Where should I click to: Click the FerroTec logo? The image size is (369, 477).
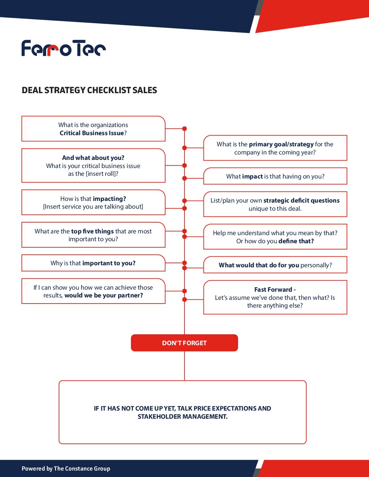coord(63,48)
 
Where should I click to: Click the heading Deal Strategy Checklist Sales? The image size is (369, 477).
coord(89,90)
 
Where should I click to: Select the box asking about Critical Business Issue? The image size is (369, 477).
coord(93,129)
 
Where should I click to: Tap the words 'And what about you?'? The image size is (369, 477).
coord(93,158)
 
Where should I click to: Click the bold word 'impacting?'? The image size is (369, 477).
coord(110,199)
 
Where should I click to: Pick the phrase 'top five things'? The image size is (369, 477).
coord(92,231)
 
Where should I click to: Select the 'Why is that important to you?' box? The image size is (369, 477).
coord(93,263)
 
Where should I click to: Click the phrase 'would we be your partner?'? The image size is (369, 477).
coord(104,295)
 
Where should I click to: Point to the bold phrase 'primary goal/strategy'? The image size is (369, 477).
coord(281,144)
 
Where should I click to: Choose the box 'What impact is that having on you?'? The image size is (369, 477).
coord(275,176)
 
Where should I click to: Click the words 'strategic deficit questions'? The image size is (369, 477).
coord(302,200)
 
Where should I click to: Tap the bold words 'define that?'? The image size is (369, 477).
coord(296,241)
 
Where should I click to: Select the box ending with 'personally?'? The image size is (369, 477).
coord(275,265)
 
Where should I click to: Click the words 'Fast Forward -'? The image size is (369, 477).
coord(275,289)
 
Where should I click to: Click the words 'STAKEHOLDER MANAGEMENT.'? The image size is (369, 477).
coord(182,416)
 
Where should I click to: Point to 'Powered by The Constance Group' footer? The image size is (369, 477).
coord(66,469)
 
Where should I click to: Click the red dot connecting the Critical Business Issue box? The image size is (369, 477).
coord(184,129)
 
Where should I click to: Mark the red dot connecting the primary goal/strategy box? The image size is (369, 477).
coord(184,148)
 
